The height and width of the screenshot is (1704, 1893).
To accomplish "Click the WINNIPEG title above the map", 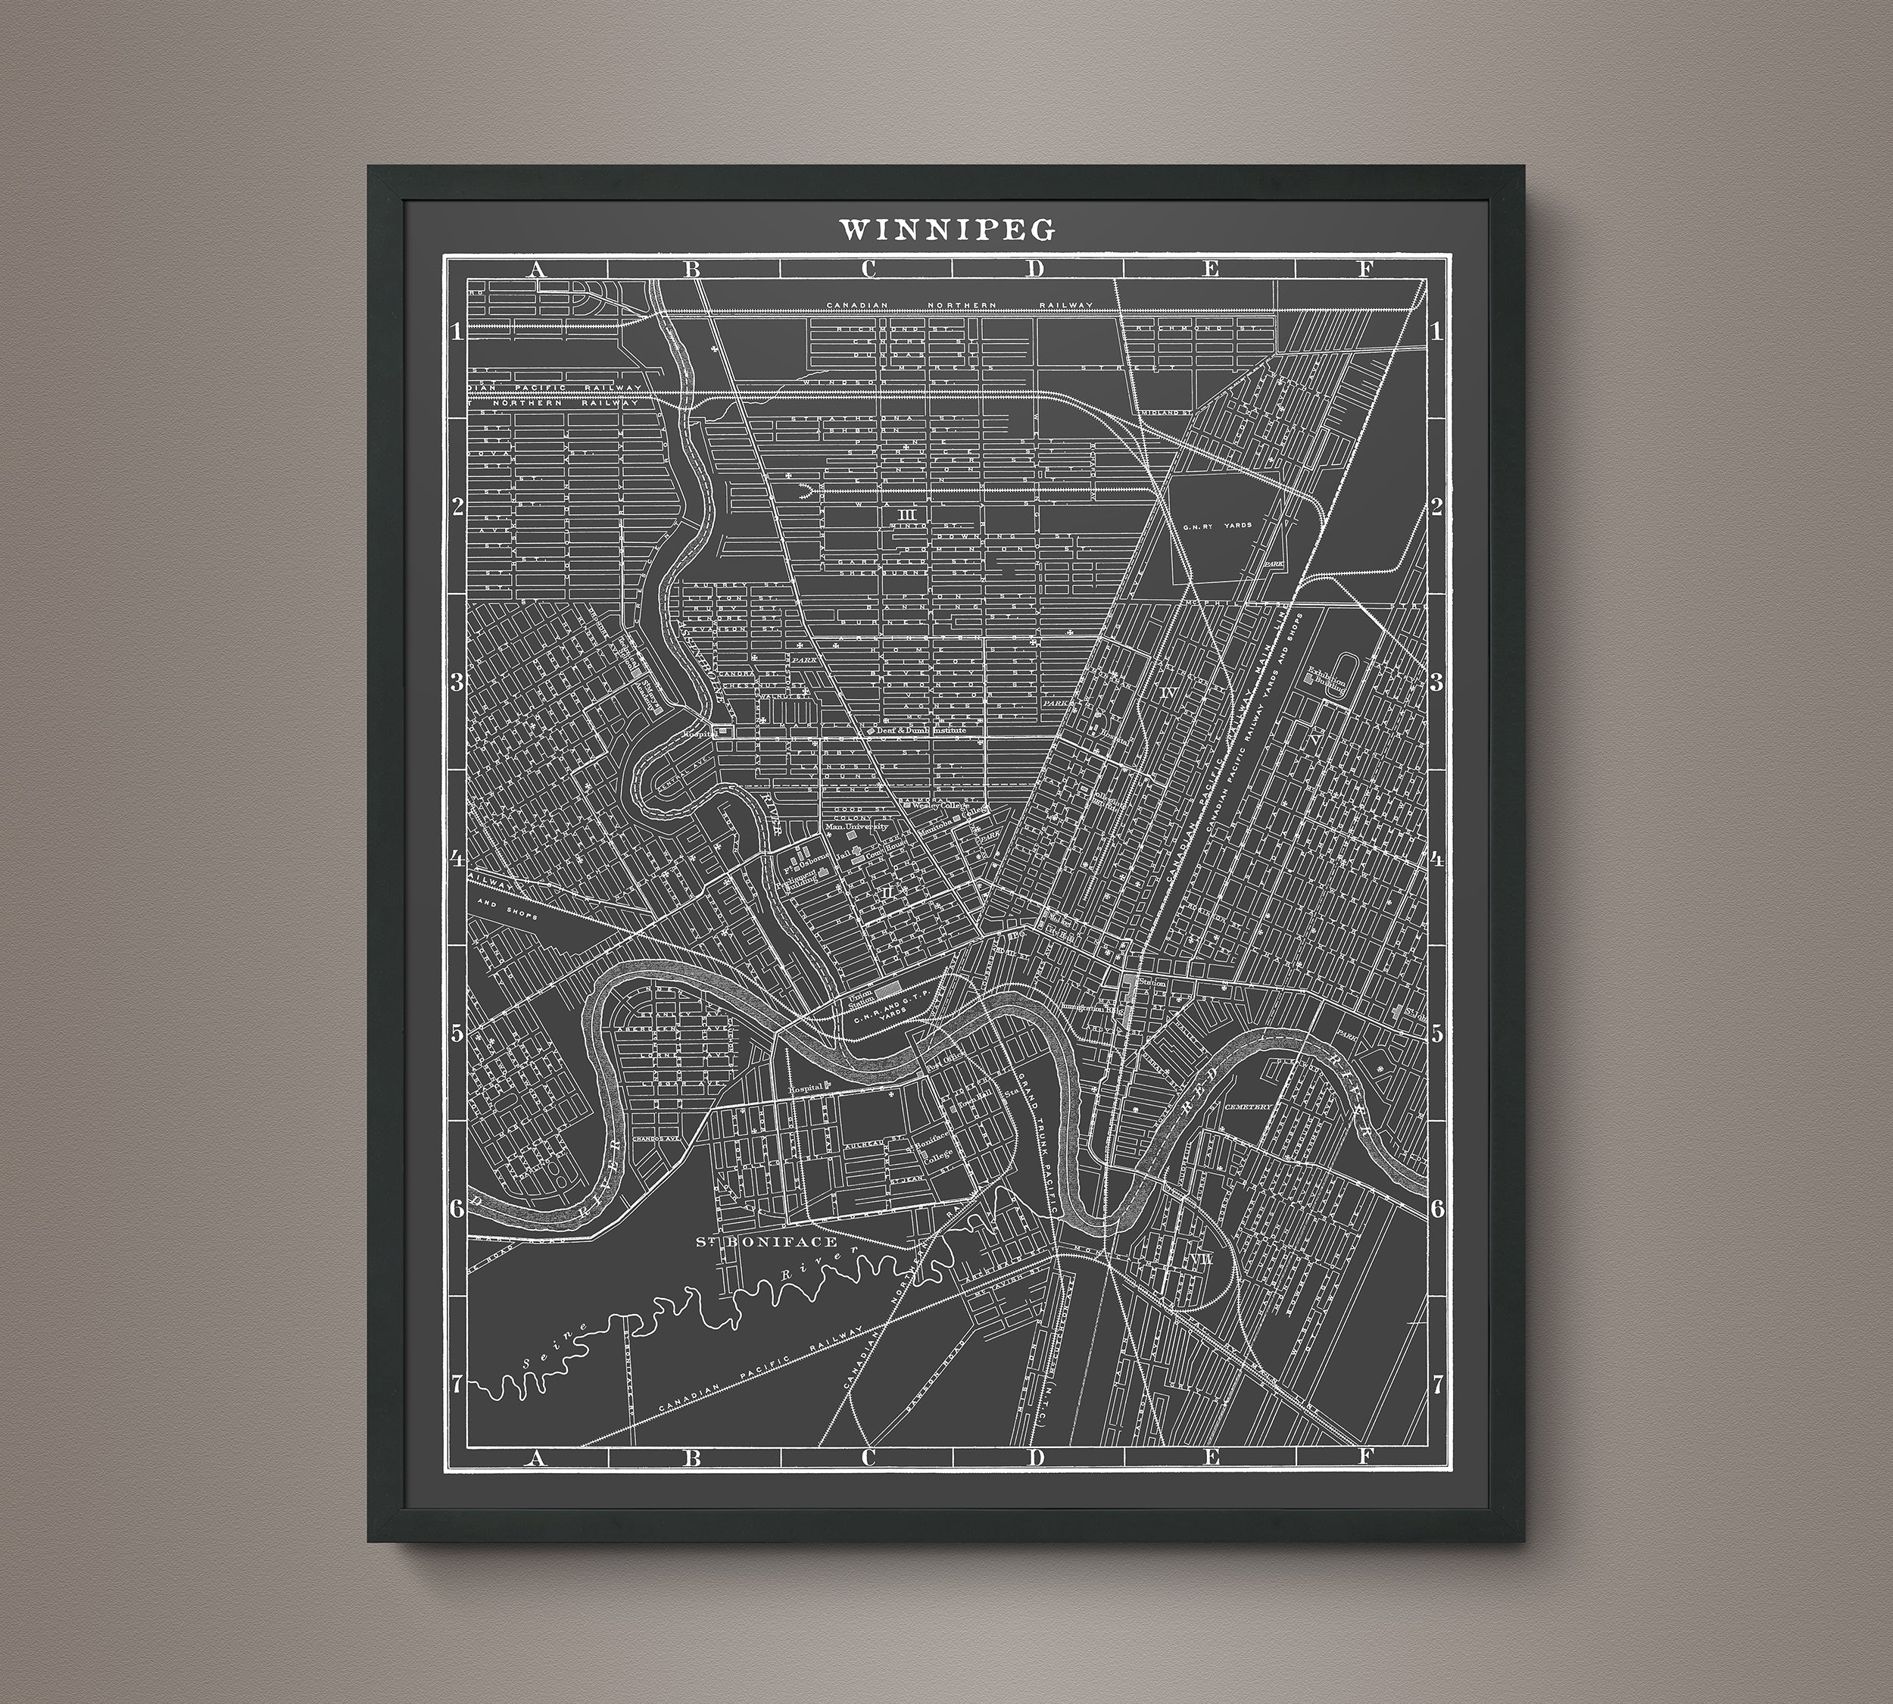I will (946, 229).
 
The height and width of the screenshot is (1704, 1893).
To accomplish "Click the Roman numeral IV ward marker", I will (1168, 693).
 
